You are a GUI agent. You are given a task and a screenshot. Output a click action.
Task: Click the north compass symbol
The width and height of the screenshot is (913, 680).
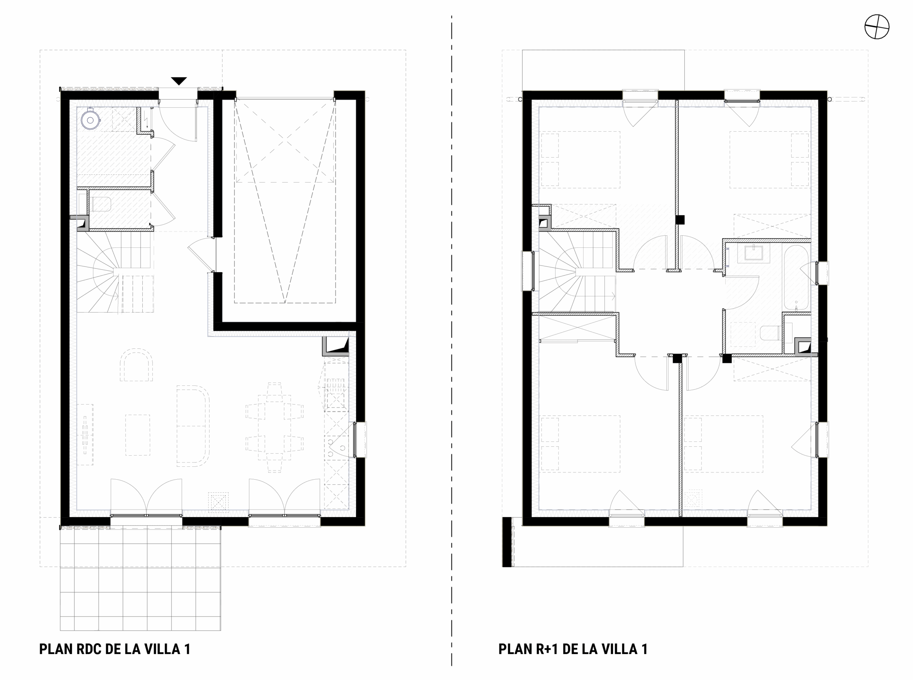(877, 27)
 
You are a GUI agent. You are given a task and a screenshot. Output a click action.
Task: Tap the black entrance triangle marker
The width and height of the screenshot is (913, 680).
(179, 81)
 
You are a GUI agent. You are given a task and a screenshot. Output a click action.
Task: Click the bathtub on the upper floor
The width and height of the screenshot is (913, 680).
(796, 278)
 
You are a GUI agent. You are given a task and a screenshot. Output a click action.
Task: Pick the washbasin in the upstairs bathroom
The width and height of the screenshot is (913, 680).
(753, 254)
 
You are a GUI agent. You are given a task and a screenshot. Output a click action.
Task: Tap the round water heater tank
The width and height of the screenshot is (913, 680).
(90, 121)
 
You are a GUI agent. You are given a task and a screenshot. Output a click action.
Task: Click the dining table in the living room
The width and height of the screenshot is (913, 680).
(275, 427)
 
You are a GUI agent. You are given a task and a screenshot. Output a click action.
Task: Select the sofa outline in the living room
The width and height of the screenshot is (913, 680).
(193, 426)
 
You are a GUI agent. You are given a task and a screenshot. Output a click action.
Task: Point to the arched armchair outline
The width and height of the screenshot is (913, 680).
(136, 365)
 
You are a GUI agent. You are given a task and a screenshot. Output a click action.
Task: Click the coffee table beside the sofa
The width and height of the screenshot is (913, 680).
(138, 435)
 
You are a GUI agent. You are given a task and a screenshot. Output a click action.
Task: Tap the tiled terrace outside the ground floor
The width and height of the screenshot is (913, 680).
(141, 578)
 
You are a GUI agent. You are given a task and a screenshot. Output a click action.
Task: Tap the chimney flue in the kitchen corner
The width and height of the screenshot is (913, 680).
(336, 346)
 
